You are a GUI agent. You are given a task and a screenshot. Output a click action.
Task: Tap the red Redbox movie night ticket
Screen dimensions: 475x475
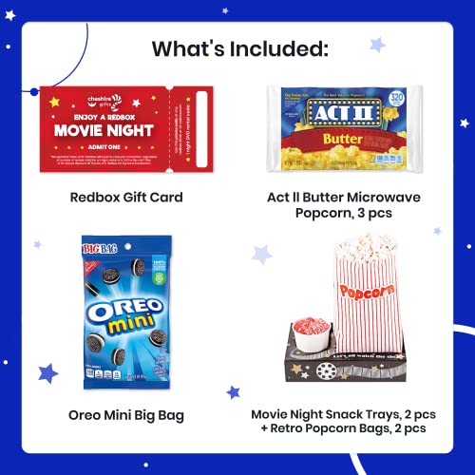point(126,128)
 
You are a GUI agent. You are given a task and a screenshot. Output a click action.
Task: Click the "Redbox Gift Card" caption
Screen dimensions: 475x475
point(125,198)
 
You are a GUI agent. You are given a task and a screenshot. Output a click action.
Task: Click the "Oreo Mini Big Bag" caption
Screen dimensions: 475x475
point(125,414)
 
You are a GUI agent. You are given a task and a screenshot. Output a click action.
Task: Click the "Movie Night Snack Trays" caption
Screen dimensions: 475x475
point(337,414)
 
